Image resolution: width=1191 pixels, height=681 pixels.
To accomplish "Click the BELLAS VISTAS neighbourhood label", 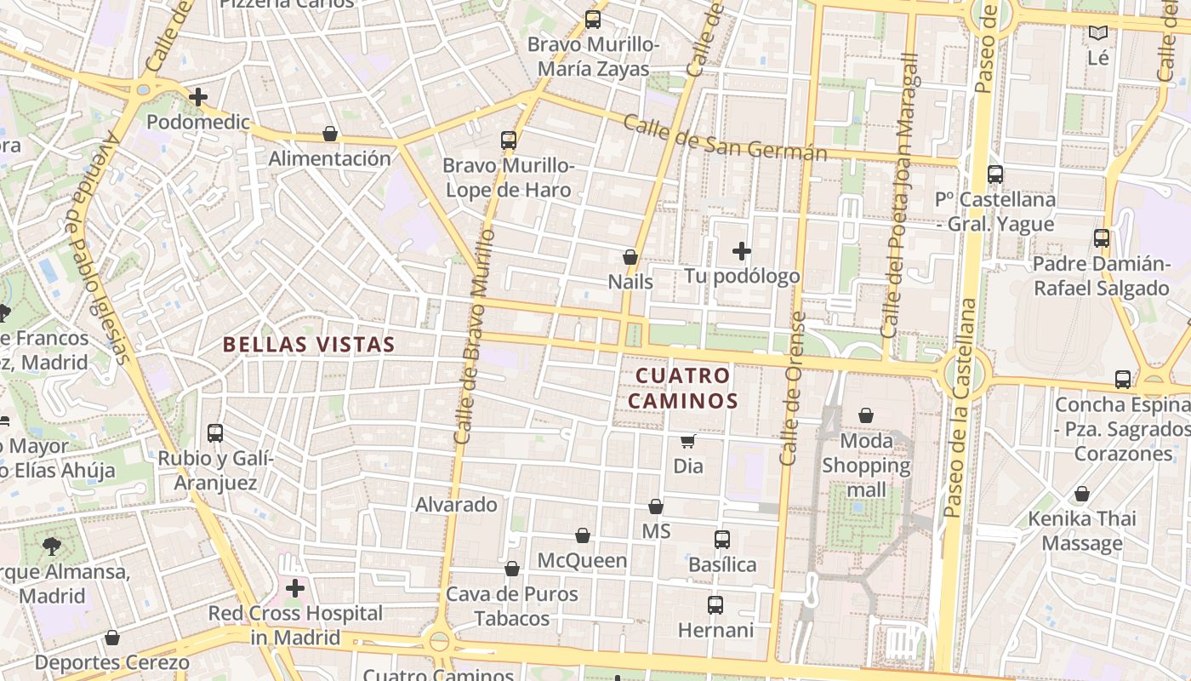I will click(309, 345).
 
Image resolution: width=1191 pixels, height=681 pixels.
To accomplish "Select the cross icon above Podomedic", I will click(198, 97).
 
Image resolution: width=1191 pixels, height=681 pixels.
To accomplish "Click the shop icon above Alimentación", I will click(330, 134).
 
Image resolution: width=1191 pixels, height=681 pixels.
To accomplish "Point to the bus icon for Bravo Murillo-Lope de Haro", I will click(509, 140).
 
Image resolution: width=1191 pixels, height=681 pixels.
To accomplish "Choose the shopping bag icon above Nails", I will click(630, 256).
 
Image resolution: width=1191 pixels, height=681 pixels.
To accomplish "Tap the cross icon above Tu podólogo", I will click(742, 251).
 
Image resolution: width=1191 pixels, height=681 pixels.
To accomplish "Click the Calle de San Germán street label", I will click(725, 137).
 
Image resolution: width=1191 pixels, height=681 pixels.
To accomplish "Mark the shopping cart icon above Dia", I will click(688, 441).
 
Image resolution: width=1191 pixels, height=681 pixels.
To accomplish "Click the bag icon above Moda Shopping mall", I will click(866, 415).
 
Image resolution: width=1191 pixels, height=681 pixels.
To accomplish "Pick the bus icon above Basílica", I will click(722, 539).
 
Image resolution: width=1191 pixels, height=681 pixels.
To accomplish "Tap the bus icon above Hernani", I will click(715, 605).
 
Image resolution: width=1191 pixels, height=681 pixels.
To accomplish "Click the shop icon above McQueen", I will click(583, 535).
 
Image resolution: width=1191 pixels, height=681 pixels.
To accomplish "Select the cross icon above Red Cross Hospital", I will click(295, 588).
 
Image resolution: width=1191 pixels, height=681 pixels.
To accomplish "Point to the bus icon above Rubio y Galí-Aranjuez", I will click(215, 432).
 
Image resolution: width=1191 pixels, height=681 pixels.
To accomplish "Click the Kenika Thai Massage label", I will click(1082, 530).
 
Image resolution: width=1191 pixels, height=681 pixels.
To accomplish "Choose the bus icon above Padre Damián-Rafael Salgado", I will click(1102, 238).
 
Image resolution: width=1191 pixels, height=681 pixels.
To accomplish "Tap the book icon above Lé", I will click(1099, 33).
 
